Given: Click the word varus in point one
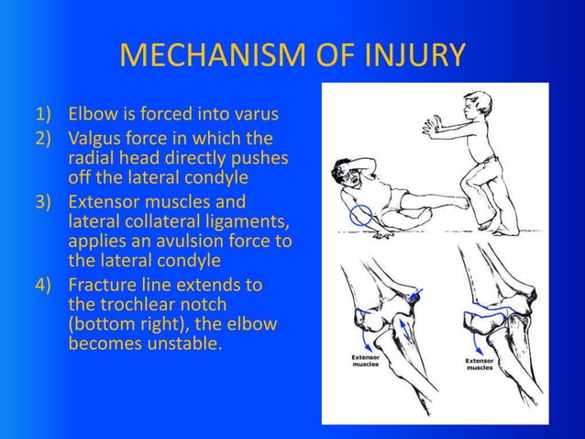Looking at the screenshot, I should tap(253, 115).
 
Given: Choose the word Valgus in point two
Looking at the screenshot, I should tap(96, 140).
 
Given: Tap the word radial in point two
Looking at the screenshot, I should tap(91, 157).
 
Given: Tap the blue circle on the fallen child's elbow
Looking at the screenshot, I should tap(361, 216).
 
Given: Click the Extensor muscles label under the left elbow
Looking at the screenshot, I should tap(365, 360).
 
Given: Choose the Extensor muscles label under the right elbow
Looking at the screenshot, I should tap(480, 365).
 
